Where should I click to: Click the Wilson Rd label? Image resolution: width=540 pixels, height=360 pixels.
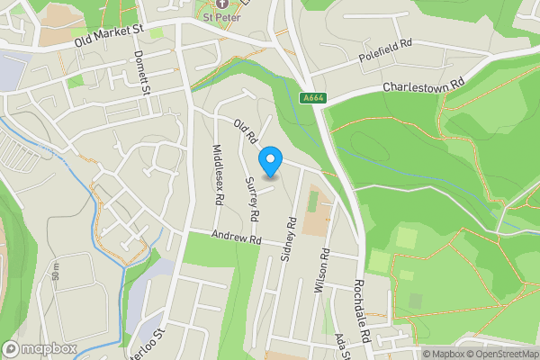pos(325,269)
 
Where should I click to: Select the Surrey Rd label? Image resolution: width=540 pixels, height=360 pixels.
pos(253,199)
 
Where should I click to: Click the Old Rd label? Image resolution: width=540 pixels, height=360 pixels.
pos(246,133)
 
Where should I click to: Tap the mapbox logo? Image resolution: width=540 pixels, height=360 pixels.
pos(38,348)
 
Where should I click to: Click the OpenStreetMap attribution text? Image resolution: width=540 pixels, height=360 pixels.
pos(500,354)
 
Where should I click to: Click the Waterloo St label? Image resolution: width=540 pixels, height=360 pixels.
pos(150,342)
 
